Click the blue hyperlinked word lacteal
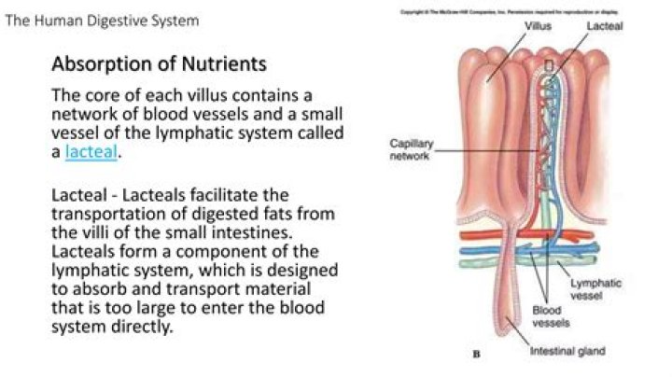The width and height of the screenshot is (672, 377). click(x=91, y=152)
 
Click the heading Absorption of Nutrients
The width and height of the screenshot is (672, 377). click(x=159, y=64)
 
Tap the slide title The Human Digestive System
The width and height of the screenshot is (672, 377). click(x=102, y=20)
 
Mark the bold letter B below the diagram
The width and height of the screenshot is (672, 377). click(x=477, y=355)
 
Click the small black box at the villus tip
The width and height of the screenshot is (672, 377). click(x=549, y=66)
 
